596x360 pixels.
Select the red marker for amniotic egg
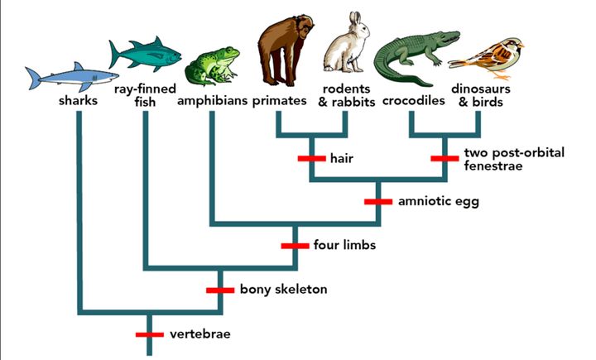tap(378, 201)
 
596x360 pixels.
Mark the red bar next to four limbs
tap(295, 246)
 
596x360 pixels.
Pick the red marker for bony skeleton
tap(220, 290)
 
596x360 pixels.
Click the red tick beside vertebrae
tap(150, 334)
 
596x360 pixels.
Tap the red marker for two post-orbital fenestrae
tap(445, 158)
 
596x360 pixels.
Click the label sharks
tap(79, 102)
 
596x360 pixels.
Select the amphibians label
tap(211, 102)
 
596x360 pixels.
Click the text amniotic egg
tap(426, 201)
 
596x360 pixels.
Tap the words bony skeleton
tap(284, 290)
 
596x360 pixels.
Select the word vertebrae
tap(199, 334)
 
